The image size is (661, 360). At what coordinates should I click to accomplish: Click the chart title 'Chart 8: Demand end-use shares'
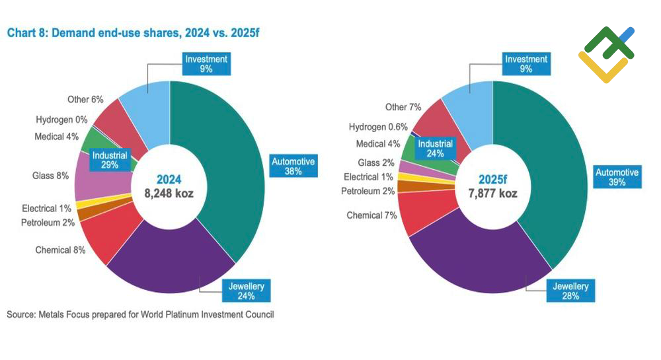(x=132, y=33)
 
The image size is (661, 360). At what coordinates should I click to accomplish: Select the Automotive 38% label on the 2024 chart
(x=293, y=166)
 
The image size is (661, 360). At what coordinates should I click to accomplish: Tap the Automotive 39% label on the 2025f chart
(x=617, y=177)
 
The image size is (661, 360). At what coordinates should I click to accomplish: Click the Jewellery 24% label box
(x=246, y=291)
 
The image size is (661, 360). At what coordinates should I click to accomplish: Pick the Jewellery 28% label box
(x=570, y=291)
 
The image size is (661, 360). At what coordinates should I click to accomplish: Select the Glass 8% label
(x=50, y=176)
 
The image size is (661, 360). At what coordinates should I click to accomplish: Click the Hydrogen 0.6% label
(x=378, y=127)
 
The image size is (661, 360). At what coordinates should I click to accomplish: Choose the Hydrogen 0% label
(x=58, y=120)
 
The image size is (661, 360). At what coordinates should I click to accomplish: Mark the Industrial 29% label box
(x=110, y=161)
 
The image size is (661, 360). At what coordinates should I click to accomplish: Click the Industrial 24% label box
(x=435, y=149)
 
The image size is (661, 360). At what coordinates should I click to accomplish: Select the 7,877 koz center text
(x=492, y=194)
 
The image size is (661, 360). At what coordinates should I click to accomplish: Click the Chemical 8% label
(x=60, y=250)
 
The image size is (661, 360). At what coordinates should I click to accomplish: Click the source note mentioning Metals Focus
(x=140, y=314)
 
